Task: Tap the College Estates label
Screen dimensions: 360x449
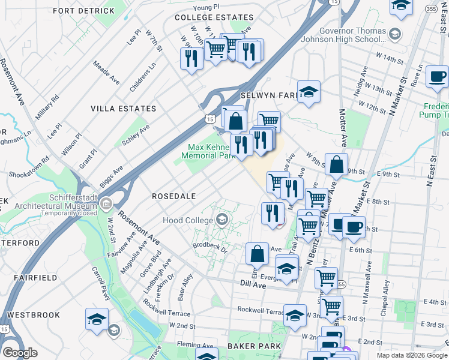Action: [x=214, y=17]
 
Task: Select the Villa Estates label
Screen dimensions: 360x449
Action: [x=123, y=109]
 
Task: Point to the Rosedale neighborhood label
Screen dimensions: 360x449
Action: [x=174, y=196]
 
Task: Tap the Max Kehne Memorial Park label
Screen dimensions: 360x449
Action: [x=209, y=151]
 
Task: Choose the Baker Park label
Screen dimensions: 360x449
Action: [x=250, y=346]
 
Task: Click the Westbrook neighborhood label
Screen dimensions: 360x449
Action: [x=34, y=315]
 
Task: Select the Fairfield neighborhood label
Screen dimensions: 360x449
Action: [x=32, y=278]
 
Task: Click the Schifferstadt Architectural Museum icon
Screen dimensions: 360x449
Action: [x=106, y=204]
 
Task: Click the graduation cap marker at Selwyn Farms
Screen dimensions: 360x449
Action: [x=309, y=92]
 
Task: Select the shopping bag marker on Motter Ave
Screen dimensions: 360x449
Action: [x=337, y=166]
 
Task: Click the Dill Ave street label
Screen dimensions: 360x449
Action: [x=254, y=286]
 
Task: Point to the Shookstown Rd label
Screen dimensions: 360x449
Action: [x=28, y=170]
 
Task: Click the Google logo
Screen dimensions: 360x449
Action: [x=20, y=353]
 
